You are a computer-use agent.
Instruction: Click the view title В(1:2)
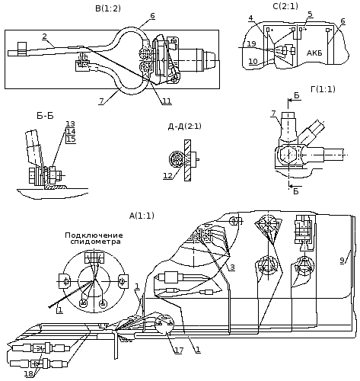108,8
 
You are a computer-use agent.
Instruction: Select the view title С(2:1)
285,6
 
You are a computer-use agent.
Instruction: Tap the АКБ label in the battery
314,53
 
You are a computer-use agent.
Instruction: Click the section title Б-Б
45,116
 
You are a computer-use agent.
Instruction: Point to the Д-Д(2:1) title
184,126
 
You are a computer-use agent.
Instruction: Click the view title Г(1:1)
323,89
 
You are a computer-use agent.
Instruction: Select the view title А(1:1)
142,216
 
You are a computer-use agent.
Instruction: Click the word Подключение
94,235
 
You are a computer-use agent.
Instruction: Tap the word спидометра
95,242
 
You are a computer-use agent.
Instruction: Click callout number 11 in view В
167,101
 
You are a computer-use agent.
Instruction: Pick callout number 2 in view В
45,37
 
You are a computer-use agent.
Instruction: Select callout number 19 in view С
251,43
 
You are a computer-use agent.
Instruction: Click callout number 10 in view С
253,61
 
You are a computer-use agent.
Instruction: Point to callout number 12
167,175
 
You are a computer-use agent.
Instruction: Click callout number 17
179,351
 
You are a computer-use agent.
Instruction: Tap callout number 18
28,373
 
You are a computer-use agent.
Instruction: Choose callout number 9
342,261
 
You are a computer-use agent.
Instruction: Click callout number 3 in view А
232,267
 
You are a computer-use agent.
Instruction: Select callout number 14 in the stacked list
71,132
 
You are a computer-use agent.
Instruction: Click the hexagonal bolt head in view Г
288,155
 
